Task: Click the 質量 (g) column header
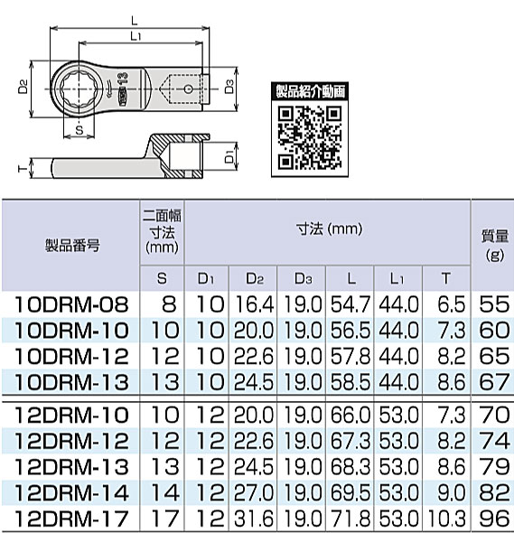tap(493, 244)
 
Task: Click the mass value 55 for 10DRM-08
tap(493, 304)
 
